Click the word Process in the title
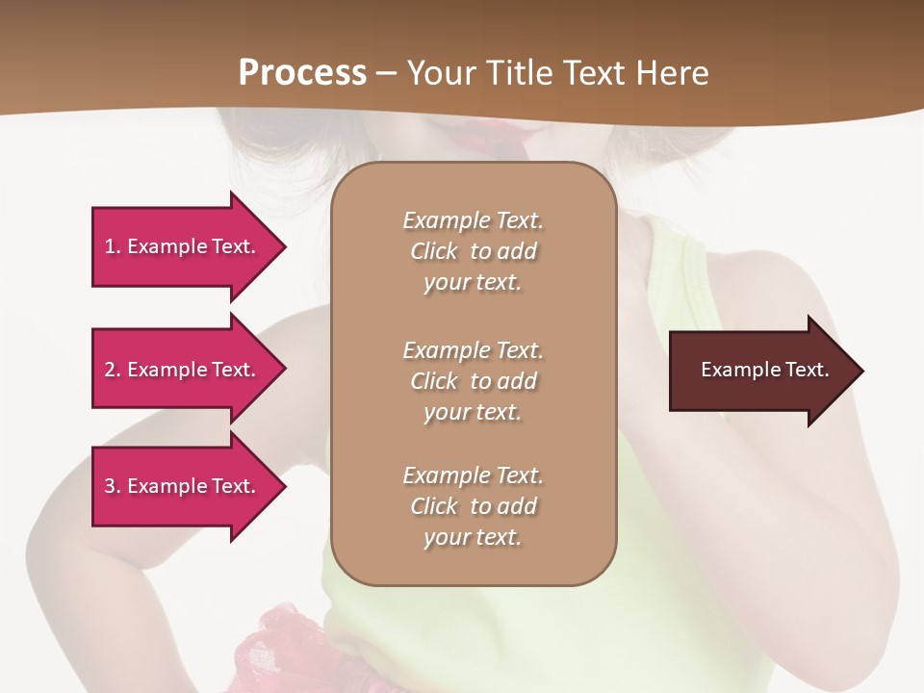tap(302, 73)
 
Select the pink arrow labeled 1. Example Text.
tap(183, 246)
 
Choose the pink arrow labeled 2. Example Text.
tap(183, 370)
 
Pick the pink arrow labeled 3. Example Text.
tap(183, 486)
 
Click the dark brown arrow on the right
tap(760, 371)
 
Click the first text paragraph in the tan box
tap(473, 251)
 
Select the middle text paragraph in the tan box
tap(473, 381)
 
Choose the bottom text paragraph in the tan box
tap(473, 506)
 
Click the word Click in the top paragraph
tap(434, 251)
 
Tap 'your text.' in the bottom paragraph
tap(473, 537)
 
